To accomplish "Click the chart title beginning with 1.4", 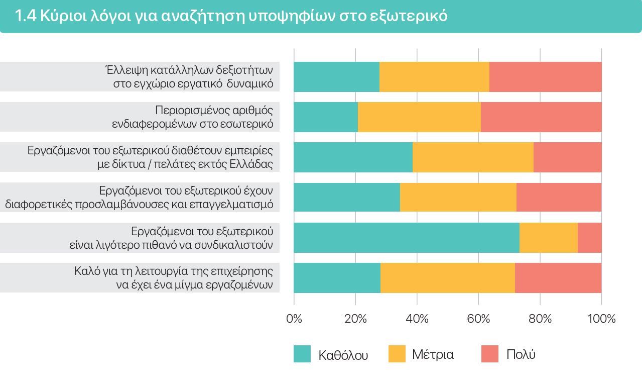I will (x=231, y=16).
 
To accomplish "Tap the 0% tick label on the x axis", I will (x=294, y=319).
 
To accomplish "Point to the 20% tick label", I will (x=355, y=319).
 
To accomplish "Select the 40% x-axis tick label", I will (x=417, y=319).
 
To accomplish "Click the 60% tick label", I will (x=478, y=319).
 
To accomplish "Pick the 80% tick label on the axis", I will (x=540, y=319).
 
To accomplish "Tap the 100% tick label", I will (x=601, y=319).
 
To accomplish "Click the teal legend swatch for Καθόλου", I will (x=302, y=354).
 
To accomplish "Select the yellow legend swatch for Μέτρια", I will (x=397, y=354).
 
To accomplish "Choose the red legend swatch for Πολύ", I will (x=490, y=354).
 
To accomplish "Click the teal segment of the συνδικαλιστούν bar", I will (x=406, y=238).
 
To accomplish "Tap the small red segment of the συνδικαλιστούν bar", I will (x=589, y=238).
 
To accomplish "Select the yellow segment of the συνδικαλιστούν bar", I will (x=548, y=238).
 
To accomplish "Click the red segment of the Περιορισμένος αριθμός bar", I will (x=541, y=117).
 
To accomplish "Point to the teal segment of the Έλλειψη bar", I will (x=336, y=77).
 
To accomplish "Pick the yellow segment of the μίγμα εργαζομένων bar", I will (x=447, y=278).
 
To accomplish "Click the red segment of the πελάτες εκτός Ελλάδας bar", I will (x=567, y=157).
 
